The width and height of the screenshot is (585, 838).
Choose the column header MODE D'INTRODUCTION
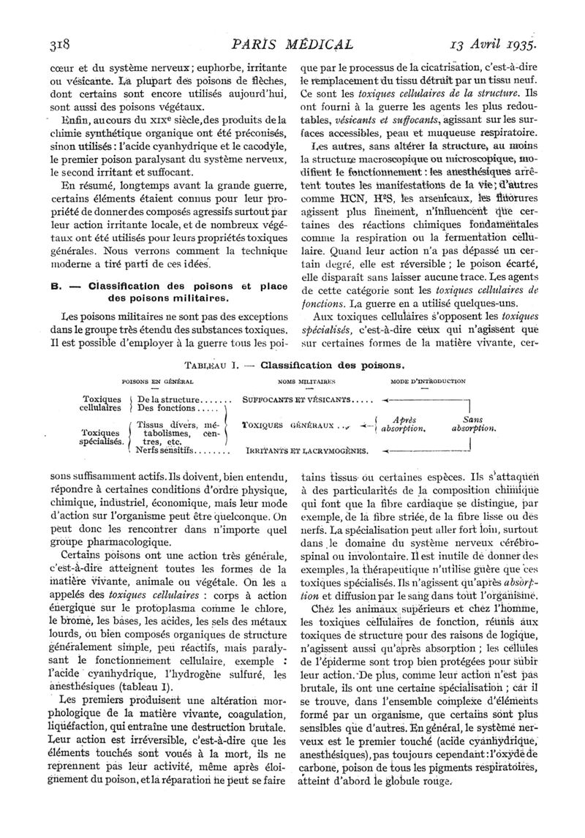point(428,381)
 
